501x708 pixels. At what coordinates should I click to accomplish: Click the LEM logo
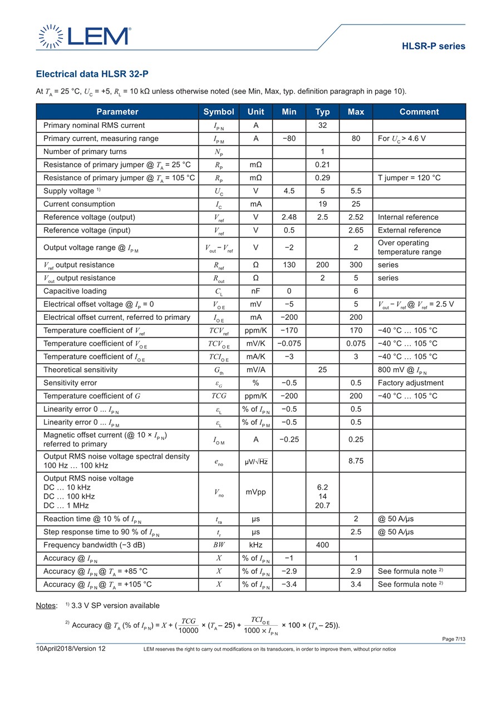tap(84, 36)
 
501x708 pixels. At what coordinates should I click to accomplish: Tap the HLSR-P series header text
tap(433, 46)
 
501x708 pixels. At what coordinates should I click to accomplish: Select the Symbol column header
tap(219, 112)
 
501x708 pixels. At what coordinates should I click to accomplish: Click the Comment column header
tap(419, 112)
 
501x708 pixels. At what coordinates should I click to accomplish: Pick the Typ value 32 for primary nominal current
tap(322, 126)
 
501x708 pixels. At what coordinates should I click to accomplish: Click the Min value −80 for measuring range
tap(289, 138)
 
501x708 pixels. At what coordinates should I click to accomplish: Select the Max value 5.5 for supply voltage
tap(356, 191)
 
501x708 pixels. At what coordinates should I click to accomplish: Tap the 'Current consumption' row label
tap(79, 204)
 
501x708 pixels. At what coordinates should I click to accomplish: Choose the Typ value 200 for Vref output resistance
tap(322, 265)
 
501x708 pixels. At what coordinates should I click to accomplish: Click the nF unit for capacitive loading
tap(256, 291)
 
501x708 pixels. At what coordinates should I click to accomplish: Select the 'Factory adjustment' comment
tap(411, 383)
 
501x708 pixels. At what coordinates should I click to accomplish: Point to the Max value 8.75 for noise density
tap(356, 461)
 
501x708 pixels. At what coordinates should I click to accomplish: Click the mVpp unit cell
tap(256, 492)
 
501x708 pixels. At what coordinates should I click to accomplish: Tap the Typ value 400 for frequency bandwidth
tap(322, 545)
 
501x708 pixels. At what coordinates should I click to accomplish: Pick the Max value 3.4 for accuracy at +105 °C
tap(356, 585)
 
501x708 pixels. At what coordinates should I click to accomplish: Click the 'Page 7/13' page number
tap(454, 639)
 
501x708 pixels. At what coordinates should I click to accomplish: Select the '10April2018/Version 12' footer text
tap(71, 648)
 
